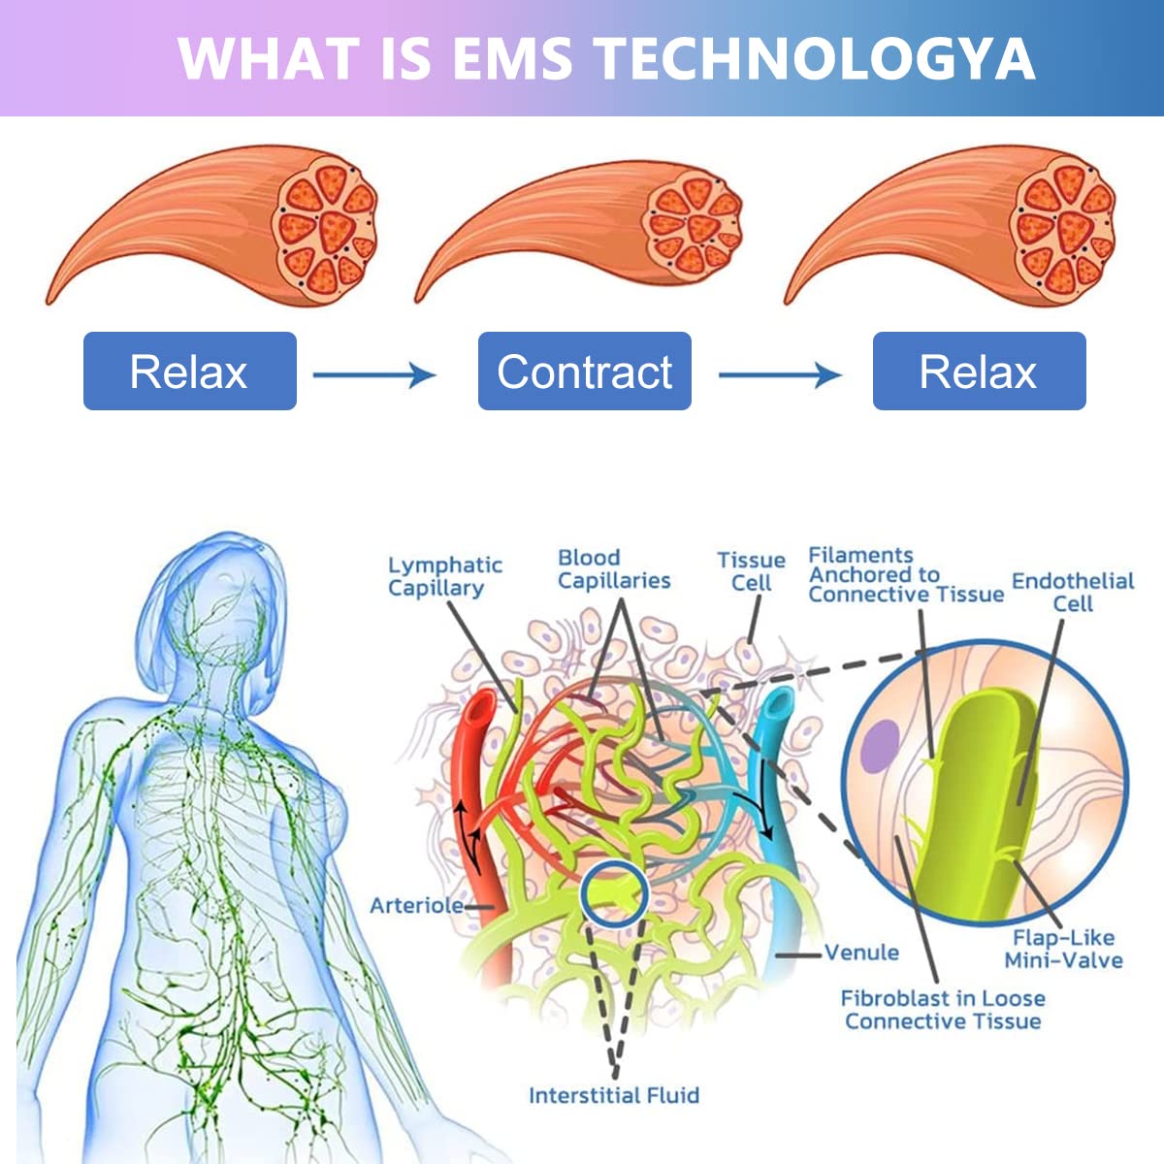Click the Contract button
point(584,372)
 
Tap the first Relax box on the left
point(189,372)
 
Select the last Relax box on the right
point(979,372)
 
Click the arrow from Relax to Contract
point(374,373)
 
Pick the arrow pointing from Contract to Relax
point(780,373)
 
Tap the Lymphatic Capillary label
point(445,576)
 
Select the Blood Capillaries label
point(614,569)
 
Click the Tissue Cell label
point(751,571)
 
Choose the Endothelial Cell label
point(1073,592)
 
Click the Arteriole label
point(416,905)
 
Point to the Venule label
point(861,953)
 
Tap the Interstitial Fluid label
point(613,1095)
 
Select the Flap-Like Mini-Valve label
point(1064,949)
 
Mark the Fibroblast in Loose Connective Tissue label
point(943,1009)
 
